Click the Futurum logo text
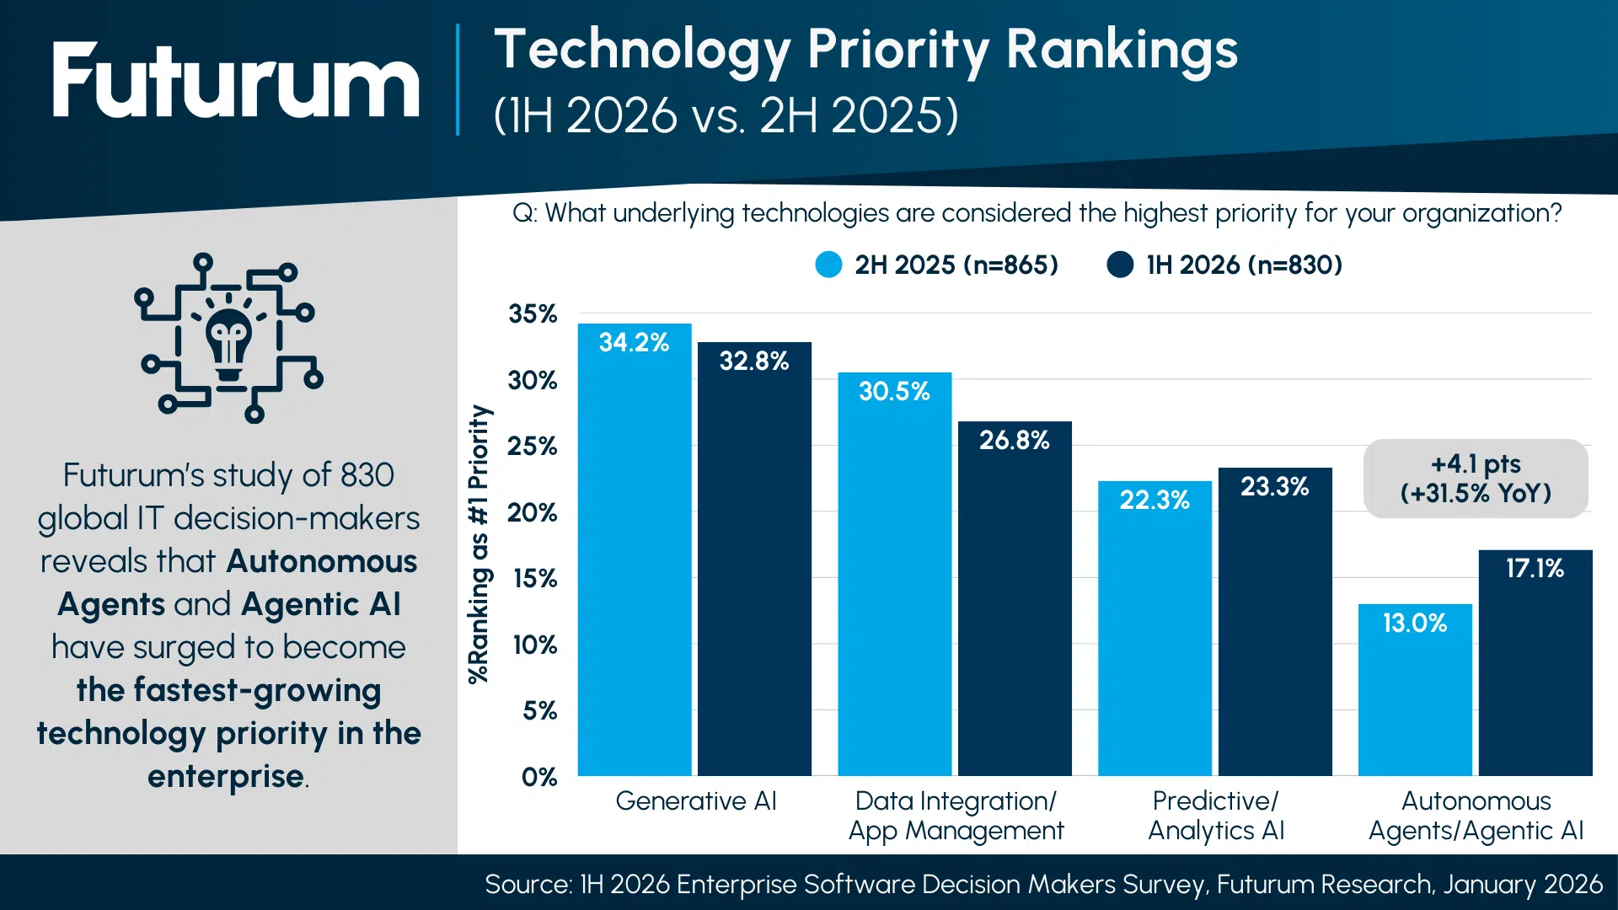tap(235, 81)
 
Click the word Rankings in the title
tap(1122, 50)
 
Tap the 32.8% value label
tap(753, 361)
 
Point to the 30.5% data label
tap(894, 392)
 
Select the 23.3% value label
tap(1274, 487)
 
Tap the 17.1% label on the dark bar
tap(1535, 569)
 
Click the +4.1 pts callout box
tap(1476, 479)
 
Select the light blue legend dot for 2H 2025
tap(828, 265)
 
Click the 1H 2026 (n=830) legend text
tap(1244, 265)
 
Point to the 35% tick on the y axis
tap(533, 314)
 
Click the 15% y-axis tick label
tap(534, 579)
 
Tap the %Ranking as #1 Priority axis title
tap(479, 543)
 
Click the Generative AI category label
tap(696, 801)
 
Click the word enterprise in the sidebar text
tap(226, 777)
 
